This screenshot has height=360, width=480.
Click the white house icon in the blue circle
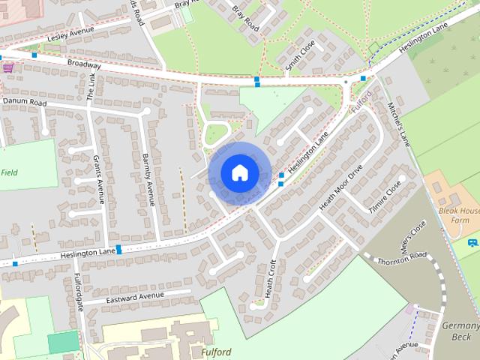point(239,172)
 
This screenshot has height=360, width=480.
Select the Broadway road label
point(83,65)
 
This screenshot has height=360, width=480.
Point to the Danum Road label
point(24,101)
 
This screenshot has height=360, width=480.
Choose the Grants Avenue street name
point(97,178)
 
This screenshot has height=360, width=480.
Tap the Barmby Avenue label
point(148,180)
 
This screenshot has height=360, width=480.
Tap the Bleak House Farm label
point(459,217)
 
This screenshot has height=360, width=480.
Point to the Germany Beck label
point(460,331)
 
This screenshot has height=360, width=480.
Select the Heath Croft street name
point(271,277)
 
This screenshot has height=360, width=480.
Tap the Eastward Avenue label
point(135,296)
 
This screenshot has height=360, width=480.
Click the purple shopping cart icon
point(8,67)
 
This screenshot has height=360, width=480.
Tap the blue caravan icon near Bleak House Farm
point(472,242)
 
